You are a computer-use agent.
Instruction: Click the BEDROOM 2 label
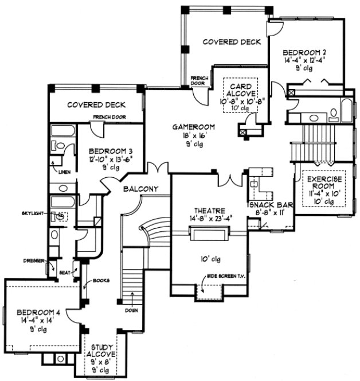[x=303, y=52]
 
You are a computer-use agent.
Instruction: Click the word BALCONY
[x=139, y=189]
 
